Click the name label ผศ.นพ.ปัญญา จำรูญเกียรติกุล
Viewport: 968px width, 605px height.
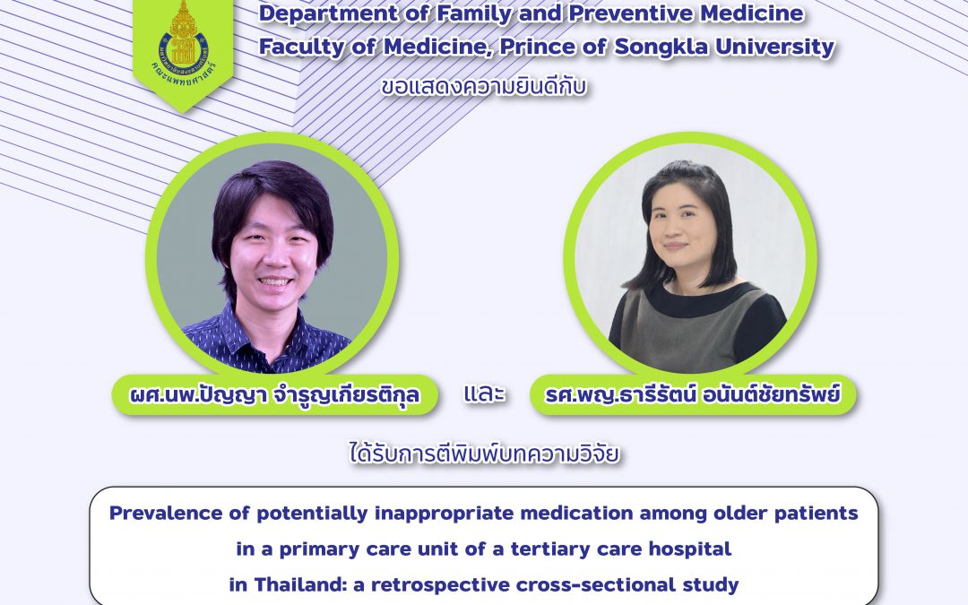click(x=275, y=394)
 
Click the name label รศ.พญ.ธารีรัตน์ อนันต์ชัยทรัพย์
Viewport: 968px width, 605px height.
click(x=692, y=394)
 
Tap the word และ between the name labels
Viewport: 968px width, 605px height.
click(x=484, y=394)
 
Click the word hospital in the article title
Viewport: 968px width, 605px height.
click(x=690, y=549)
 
